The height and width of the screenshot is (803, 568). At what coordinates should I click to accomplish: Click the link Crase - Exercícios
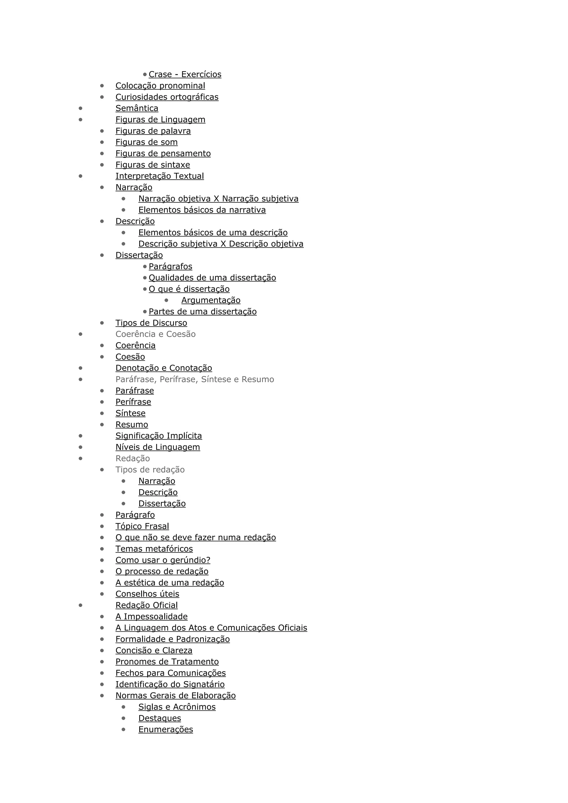185,75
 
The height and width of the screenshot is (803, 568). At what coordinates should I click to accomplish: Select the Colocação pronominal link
160,86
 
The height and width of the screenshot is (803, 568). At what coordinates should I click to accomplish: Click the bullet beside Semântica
80,108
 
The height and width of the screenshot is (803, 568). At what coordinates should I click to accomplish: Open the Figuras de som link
146,142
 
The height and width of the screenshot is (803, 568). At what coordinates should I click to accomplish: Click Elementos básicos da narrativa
202,210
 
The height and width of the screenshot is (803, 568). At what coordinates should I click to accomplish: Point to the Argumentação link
211,300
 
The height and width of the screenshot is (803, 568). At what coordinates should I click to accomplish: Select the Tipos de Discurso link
151,323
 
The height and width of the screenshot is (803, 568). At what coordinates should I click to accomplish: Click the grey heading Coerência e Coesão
155,334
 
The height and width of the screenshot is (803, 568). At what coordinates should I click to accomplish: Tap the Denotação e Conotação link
164,368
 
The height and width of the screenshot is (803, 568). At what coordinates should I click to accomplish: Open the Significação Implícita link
158,436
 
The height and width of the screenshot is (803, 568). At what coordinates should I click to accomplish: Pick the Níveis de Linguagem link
158,447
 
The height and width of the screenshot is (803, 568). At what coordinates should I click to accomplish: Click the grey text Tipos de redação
150,470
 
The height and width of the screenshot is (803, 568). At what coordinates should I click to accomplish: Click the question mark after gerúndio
209,560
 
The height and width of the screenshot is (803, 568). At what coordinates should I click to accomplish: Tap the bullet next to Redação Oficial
80,605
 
